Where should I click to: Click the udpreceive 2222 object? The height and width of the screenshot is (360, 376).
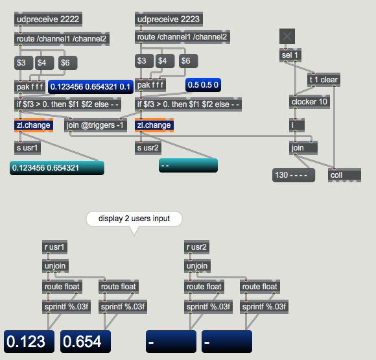[48, 19]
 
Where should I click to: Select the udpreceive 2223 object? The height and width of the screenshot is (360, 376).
[169, 19]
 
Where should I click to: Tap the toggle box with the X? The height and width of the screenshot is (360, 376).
[287, 36]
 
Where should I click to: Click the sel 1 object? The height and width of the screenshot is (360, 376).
[290, 55]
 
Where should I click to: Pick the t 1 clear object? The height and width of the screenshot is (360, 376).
[323, 80]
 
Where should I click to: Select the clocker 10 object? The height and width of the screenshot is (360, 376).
[309, 102]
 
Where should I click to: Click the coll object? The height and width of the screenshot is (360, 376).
[344, 175]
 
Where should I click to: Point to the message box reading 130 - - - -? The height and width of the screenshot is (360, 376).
[294, 175]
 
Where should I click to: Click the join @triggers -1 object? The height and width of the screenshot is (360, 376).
[95, 125]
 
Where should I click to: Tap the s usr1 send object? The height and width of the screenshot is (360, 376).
[27, 148]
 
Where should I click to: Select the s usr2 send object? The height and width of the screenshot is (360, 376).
[148, 148]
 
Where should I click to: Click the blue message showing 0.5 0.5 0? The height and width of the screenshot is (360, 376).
[203, 85]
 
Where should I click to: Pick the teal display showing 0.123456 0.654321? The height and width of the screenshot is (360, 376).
[57, 168]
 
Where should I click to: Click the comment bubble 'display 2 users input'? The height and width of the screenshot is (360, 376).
[134, 219]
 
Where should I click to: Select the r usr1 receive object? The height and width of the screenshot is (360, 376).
[54, 247]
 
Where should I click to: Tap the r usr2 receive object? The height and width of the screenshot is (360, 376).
[196, 247]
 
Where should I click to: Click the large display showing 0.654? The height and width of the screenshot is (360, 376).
[86, 341]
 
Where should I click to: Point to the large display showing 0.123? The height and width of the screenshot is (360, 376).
[29, 341]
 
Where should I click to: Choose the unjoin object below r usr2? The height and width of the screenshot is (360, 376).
[197, 266]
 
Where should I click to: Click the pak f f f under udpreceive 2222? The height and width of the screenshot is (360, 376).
[30, 87]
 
